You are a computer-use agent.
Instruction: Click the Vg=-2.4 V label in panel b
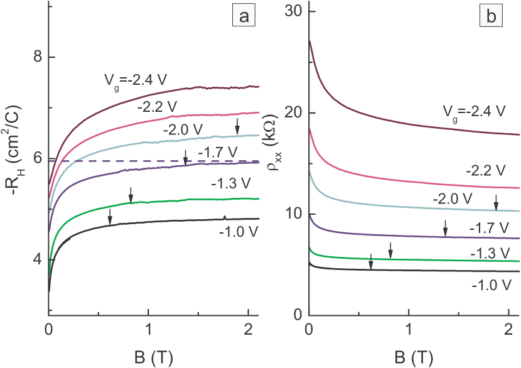[x=471, y=112]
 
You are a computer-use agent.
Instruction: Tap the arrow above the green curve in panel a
[x=131, y=194]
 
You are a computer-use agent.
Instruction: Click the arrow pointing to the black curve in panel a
[x=110, y=216]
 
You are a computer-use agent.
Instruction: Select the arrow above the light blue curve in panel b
[x=496, y=202]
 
